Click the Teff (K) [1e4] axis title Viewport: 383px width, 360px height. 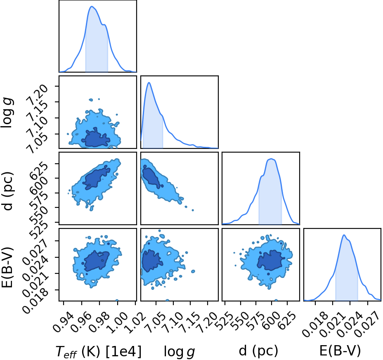click(x=99, y=352)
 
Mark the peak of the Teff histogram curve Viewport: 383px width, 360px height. click(x=92, y=6)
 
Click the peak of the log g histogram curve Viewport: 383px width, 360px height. click(x=149, y=82)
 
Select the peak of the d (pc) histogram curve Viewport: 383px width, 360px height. click(x=271, y=159)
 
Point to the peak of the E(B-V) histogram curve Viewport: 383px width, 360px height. click(x=344, y=235)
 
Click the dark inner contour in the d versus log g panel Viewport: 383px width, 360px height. click(x=151, y=176)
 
